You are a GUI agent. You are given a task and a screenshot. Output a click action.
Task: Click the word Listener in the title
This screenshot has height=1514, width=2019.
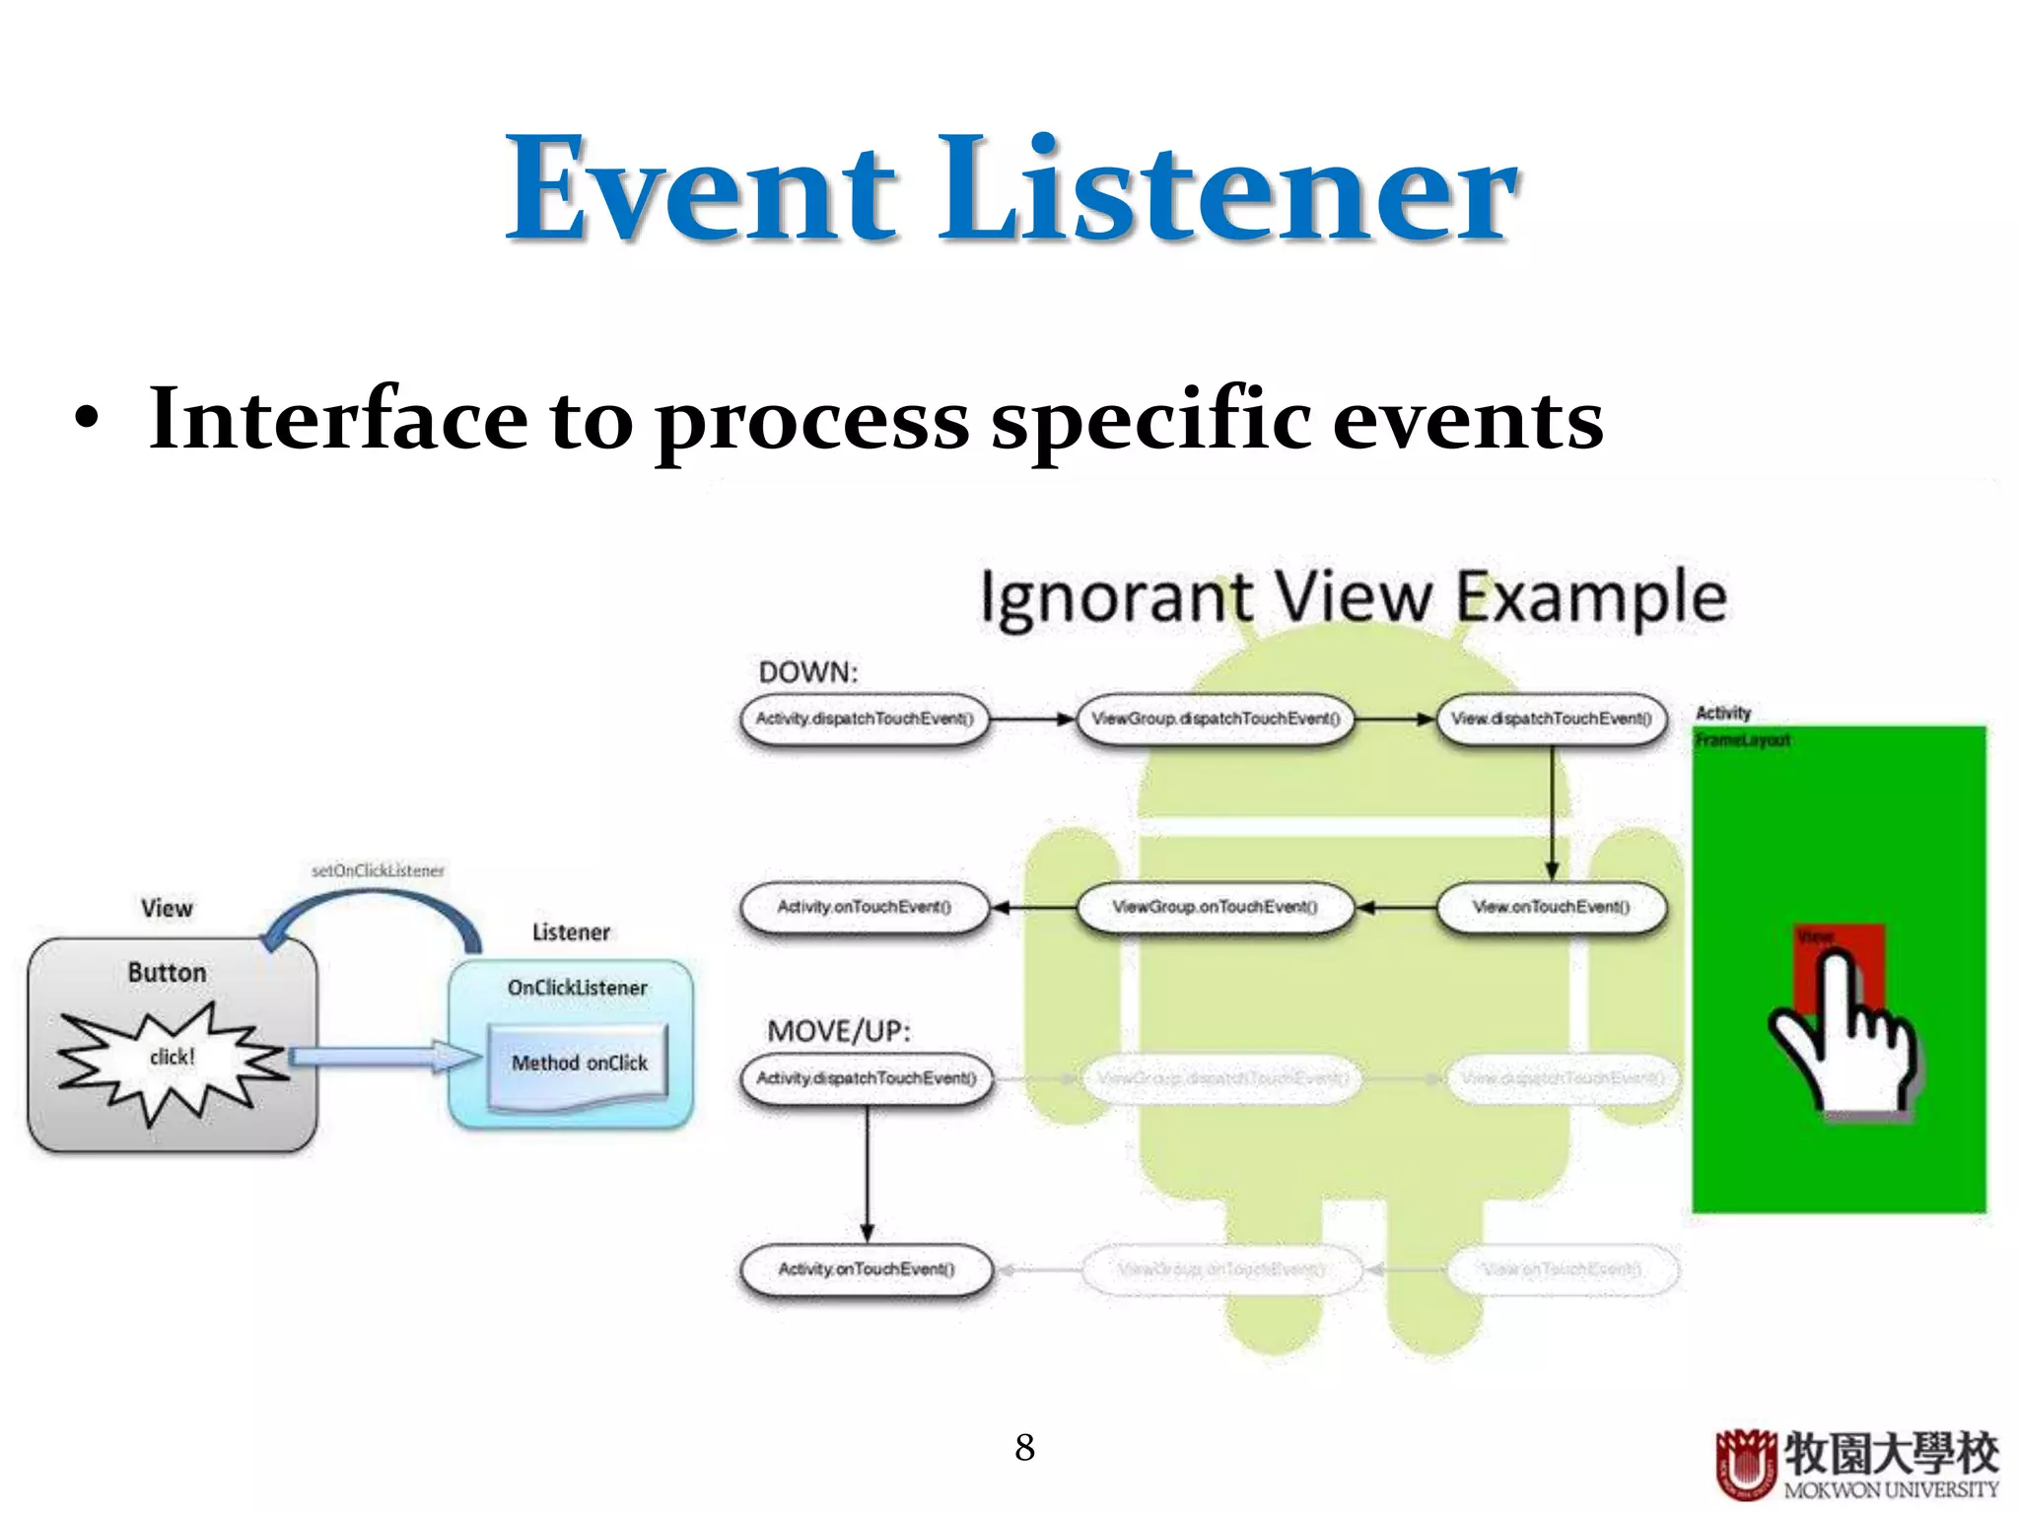click(1227, 189)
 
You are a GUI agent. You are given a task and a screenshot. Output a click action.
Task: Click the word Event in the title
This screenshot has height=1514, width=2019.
click(702, 189)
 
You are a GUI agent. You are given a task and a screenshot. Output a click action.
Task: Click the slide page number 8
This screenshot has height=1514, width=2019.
click(1024, 1447)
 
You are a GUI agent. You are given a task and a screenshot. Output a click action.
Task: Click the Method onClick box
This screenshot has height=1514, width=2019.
click(579, 1064)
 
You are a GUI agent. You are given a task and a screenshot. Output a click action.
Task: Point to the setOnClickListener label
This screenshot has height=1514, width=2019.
click(378, 870)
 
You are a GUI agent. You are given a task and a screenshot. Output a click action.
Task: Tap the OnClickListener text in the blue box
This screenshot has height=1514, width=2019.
click(577, 988)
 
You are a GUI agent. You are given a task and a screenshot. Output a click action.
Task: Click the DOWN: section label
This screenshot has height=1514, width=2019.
click(807, 672)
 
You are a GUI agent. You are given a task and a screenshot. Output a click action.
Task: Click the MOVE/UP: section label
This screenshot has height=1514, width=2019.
click(838, 1031)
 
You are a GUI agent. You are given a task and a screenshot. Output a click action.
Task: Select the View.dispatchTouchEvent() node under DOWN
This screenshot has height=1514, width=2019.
click(1551, 719)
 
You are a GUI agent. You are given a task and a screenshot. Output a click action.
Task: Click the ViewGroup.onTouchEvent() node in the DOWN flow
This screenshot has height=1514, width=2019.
click(1215, 907)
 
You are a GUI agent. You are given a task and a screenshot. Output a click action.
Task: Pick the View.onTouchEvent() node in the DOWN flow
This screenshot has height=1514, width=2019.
click(1551, 907)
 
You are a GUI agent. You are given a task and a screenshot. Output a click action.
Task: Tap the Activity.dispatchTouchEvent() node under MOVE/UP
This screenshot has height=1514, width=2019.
click(866, 1078)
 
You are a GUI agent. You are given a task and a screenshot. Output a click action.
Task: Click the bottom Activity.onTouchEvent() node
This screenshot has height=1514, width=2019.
click(866, 1269)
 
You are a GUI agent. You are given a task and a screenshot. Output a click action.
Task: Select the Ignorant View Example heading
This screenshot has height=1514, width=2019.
click(1353, 597)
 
